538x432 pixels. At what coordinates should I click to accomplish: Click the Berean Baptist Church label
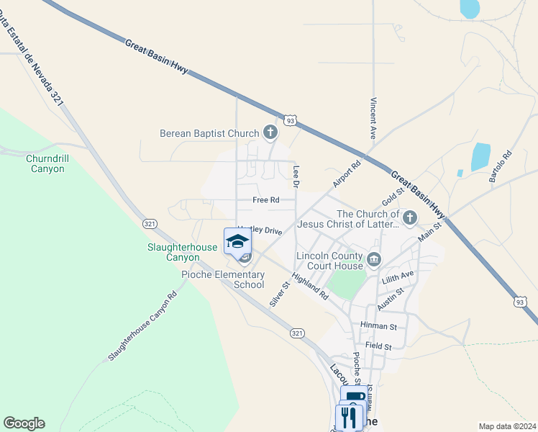pyautogui.click(x=209, y=133)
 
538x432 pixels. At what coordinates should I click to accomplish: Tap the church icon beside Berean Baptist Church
pyautogui.click(x=270, y=132)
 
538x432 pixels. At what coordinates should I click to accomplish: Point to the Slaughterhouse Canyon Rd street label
pyautogui.click(x=142, y=326)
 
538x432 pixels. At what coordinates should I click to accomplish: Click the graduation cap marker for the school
pyautogui.click(x=237, y=241)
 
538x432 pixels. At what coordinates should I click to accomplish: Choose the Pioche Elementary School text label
pyautogui.click(x=222, y=279)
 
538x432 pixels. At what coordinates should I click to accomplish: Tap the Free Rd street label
pyautogui.click(x=265, y=200)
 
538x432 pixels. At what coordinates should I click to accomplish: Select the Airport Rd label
pyautogui.click(x=346, y=175)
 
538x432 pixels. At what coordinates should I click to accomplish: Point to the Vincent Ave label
pyautogui.click(x=373, y=118)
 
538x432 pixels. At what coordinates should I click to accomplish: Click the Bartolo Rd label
pyautogui.click(x=501, y=166)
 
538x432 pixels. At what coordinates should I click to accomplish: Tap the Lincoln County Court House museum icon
pyautogui.click(x=373, y=260)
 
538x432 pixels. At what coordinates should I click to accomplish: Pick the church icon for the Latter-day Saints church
pyautogui.click(x=410, y=217)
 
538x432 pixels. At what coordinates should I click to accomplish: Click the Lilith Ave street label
pyautogui.click(x=398, y=276)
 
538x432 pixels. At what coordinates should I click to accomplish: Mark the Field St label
pyautogui.click(x=378, y=346)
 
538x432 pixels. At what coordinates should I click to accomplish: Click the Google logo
pyautogui.click(x=24, y=423)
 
